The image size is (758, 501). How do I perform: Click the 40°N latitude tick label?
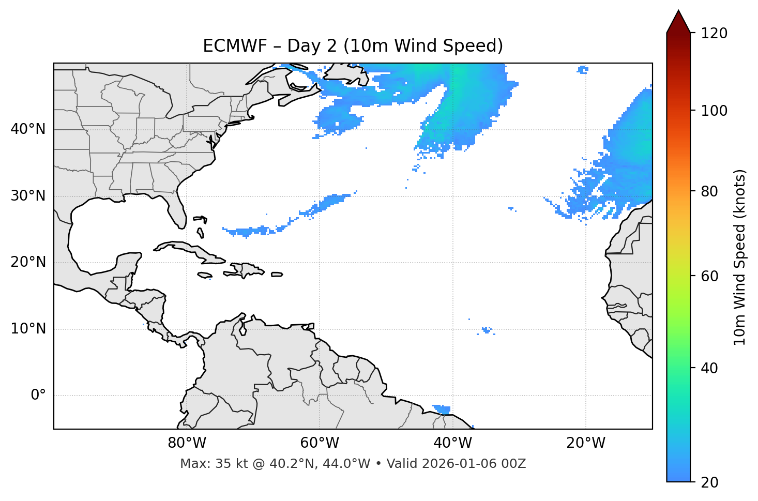pyautogui.click(x=28, y=129)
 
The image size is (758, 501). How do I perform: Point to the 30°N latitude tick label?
pyautogui.click(x=28, y=196)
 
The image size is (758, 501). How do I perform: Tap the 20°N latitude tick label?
pyautogui.click(x=28, y=262)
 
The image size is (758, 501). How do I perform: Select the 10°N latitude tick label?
pyautogui.click(x=28, y=329)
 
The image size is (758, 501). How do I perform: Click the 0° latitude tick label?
pyautogui.click(x=38, y=396)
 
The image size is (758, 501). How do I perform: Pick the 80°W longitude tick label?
pyautogui.click(x=187, y=443)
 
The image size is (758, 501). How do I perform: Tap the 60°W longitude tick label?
pyautogui.click(x=320, y=443)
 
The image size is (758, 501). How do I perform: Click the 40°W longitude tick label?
pyautogui.click(x=452, y=443)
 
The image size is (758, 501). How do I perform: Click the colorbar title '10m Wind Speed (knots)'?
pyautogui.click(x=740, y=257)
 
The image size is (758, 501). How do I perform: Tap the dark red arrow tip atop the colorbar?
pyautogui.click(x=678, y=21)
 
